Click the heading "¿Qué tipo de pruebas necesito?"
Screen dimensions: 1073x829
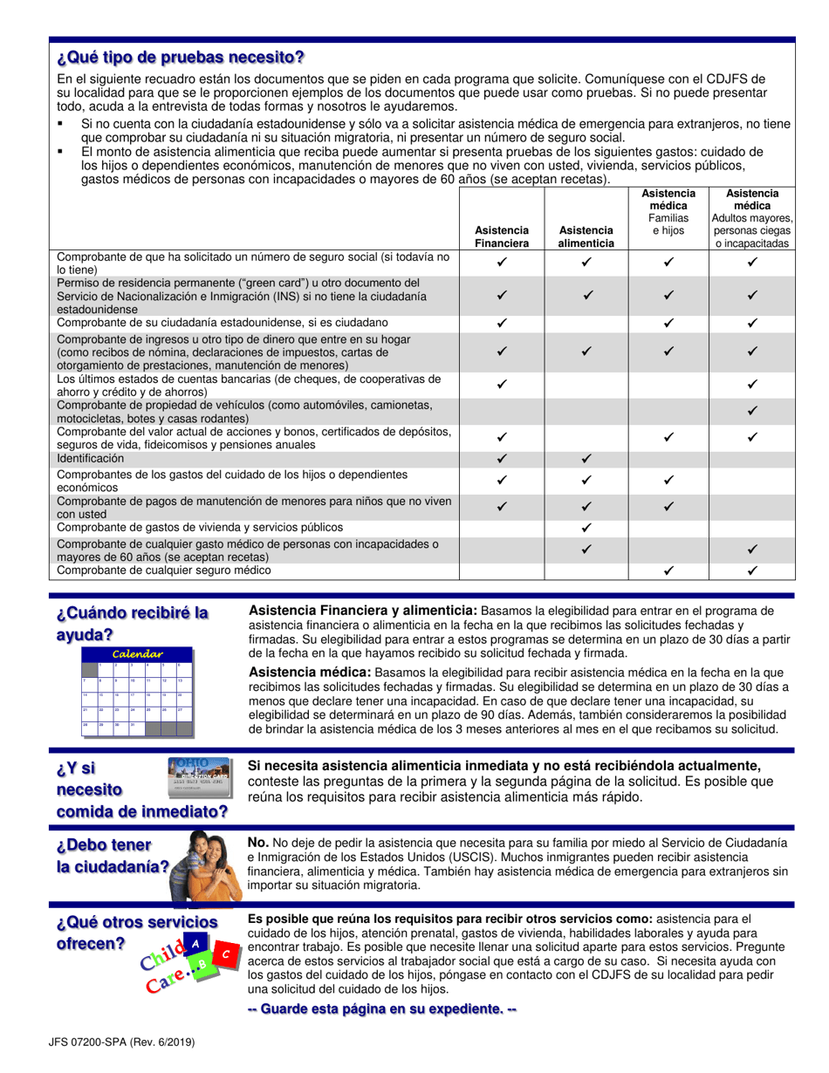[x=181, y=58]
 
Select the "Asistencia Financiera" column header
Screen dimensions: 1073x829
[x=502, y=236]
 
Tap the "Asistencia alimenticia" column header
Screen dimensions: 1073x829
[x=586, y=236]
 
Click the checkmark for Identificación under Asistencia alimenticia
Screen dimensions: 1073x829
[x=586, y=458]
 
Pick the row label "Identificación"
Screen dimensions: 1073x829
[x=91, y=458]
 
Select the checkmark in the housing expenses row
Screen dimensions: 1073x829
[x=586, y=528]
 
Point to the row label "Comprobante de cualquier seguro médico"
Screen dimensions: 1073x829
[x=164, y=571]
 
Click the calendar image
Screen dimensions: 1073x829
[x=137, y=692]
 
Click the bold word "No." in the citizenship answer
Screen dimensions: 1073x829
[x=258, y=843]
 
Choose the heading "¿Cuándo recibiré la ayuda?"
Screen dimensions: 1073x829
[x=132, y=624]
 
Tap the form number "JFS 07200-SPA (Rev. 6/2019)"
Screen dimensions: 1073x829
[x=122, y=1041]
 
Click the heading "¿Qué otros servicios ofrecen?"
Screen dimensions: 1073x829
[x=136, y=933]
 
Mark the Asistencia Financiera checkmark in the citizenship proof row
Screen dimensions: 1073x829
[x=502, y=323]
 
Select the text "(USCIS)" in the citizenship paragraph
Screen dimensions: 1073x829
[x=447, y=857]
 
